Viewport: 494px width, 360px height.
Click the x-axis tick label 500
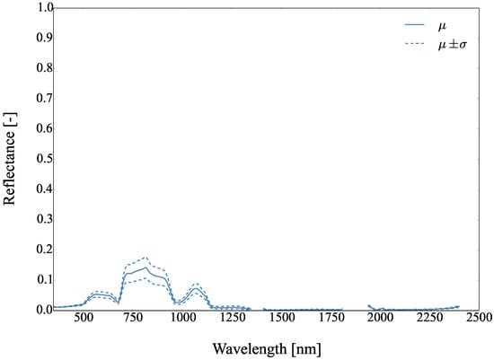[83, 319]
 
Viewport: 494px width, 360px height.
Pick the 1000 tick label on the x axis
[182, 319]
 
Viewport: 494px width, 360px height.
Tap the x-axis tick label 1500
[281, 319]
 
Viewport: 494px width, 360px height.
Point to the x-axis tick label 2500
[478, 319]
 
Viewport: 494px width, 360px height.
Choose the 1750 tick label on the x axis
[331, 319]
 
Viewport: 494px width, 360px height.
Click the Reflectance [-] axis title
[11, 159]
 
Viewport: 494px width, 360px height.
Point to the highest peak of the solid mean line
[146, 267]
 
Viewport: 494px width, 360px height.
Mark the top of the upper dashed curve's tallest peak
[146, 257]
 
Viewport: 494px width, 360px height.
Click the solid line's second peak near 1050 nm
[196, 288]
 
